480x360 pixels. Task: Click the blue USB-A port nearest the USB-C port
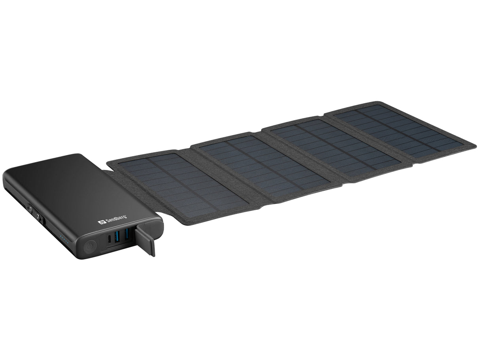pyautogui.click(x=117, y=237)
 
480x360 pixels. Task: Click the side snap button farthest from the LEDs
pyautogui.click(x=28, y=206)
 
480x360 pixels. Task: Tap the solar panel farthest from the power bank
pyautogui.click(x=399, y=130)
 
